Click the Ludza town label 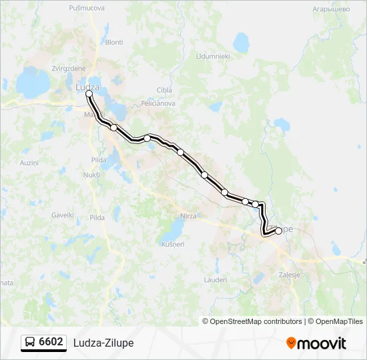click(x=87, y=87)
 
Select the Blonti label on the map click(x=114, y=42)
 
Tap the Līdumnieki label click(x=213, y=57)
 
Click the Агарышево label click(x=331, y=10)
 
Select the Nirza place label click(x=189, y=216)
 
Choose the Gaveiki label click(x=63, y=215)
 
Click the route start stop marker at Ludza click(x=89, y=94)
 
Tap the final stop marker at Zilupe click(x=278, y=231)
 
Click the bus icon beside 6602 click(x=30, y=343)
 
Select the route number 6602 click(x=51, y=342)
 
